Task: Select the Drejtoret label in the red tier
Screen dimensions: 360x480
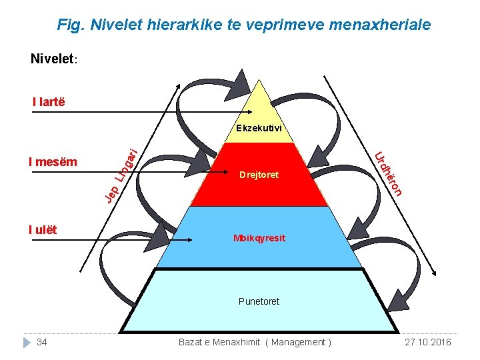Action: [259, 175]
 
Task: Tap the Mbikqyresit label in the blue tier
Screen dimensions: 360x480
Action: [259, 238]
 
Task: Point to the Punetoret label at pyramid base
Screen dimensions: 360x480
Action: [259, 301]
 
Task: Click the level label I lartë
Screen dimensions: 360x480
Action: [49, 102]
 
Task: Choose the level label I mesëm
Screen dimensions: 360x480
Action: [53, 161]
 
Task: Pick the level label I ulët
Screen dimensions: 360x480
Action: [43, 230]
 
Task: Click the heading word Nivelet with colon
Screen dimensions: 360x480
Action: [55, 59]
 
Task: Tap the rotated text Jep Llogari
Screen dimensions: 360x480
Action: [121, 174]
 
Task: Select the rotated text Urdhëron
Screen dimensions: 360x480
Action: [389, 175]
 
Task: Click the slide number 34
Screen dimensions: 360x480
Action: [42, 342]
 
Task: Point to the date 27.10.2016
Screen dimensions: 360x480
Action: [428, 342]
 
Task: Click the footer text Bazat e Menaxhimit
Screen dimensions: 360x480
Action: [219, 342]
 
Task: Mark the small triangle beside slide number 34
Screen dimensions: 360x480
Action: [27, 342]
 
